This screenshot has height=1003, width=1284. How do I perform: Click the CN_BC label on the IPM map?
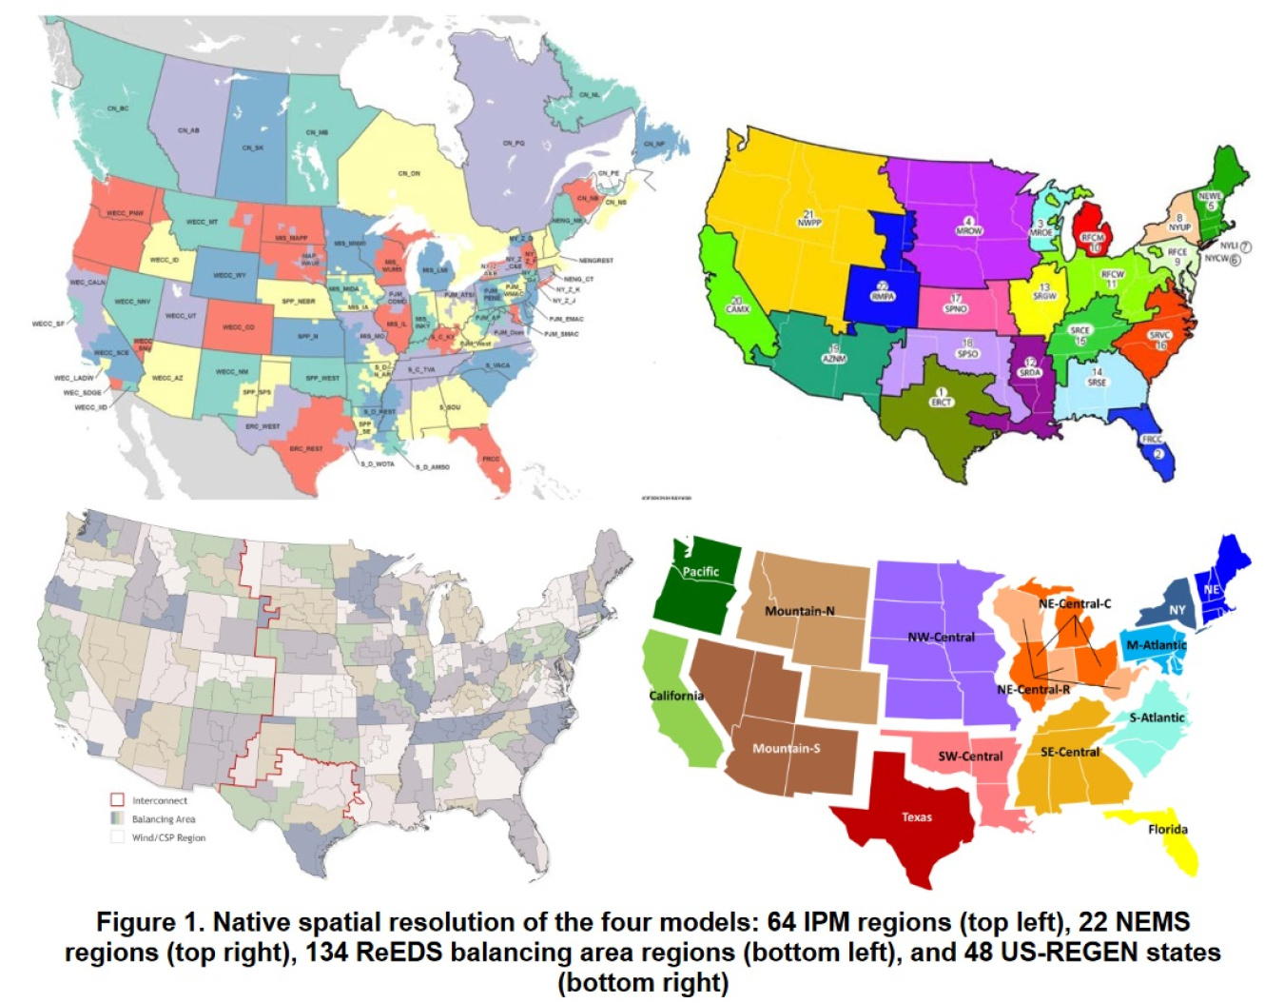pyautogui.click(x=118, y=108)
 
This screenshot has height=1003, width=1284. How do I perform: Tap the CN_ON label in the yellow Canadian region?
pyautogui.click(x=409, y=173)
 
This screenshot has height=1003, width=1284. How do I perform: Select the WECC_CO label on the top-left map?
pyautogui.click(x=238, y=327)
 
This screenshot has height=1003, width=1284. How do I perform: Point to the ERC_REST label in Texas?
pyautogui.click(x=306, y=448)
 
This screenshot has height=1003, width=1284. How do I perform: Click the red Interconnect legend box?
pyautogui.click(x=118, y=800)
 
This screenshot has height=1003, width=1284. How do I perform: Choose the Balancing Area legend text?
pyautogui.click(x=164, y=819)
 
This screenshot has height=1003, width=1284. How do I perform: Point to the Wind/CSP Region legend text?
pyautogui.click(x=168, y=838)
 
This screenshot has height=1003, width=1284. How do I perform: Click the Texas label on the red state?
pyautogui.click(x=917, y=816)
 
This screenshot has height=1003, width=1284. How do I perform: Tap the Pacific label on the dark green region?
pyautogui.click(x=700, y=572)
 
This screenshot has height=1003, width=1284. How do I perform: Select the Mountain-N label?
pyautogui.click(x=800, y=611)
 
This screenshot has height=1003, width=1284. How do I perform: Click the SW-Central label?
pyautogui.click(x=970, y=757)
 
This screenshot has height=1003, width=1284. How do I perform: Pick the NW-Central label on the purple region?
pyautogui.click(x=941, y=637)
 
